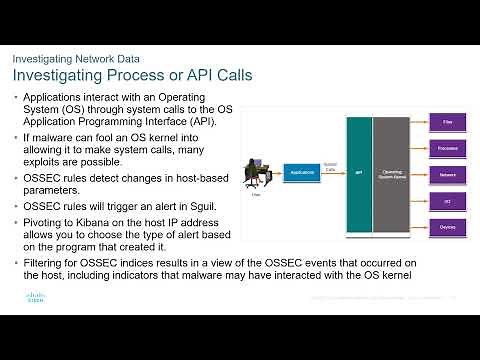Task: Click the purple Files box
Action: tap(447, 121)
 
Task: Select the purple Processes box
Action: tap(447, 147)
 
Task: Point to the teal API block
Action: tap(359, 173)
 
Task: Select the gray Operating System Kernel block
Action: tap(394, 173)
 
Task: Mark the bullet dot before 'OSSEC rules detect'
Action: tap(16, 179)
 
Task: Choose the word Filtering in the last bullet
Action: tap(44, 263)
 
